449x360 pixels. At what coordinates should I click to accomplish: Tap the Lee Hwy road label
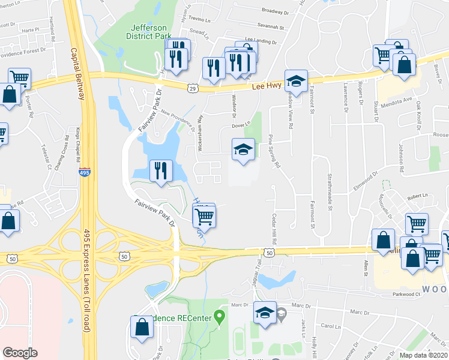pos(266,86)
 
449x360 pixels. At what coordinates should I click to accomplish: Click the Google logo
pos(20,353)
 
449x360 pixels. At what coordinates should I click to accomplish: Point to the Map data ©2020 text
pos(423,355)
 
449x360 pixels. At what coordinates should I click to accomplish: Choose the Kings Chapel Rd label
pos(78,145)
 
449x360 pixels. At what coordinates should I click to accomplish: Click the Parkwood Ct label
pos(404,295)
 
